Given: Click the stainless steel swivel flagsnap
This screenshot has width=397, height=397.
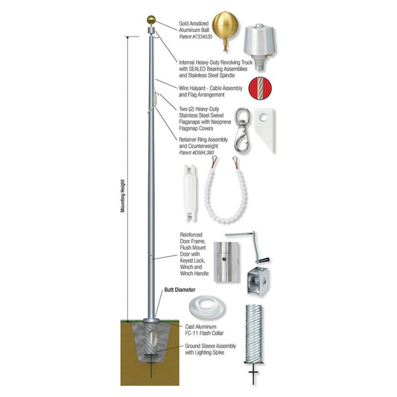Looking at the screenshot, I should point(241,127).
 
